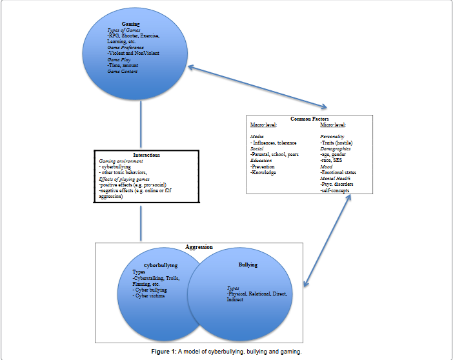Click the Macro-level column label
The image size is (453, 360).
265,125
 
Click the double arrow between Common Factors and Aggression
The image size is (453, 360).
327,239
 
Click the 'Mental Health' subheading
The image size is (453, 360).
336,178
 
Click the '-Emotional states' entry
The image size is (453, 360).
338,172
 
